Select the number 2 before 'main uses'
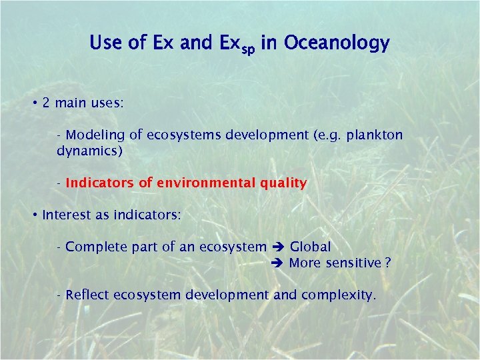click(x=46, y=103)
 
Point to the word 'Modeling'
click(x=95, y=135)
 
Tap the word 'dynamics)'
click(x=90, y=151)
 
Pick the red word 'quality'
click(x=283, y=183)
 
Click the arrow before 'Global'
click(x=278, y=247)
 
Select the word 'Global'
click(x=310, y=247)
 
